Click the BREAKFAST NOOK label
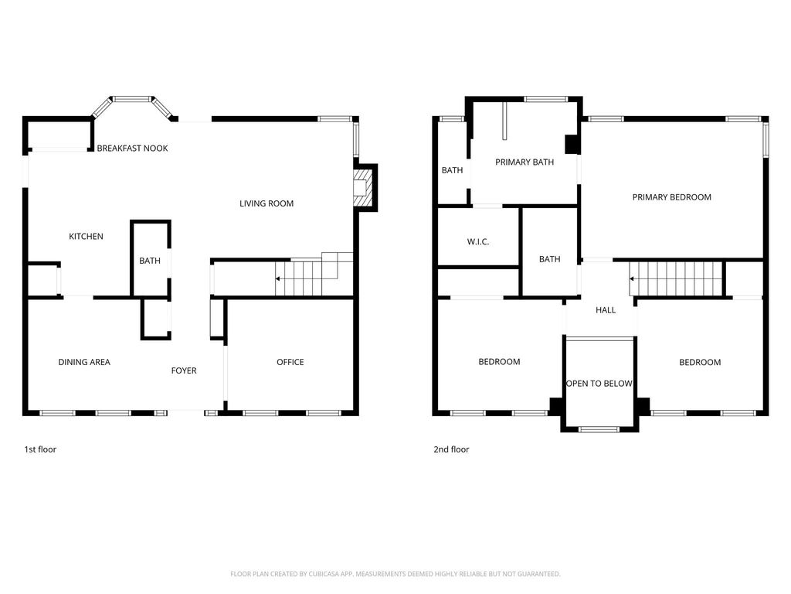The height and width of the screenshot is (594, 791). tap(132, 148)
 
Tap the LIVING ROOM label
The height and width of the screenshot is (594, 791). tap(266, 203)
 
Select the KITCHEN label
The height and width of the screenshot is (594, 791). tap(86, 237)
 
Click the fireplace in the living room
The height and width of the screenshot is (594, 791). tap(362, 187)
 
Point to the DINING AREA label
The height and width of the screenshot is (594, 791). tap(84, 362)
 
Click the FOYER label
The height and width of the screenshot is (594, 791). tap(184, 370)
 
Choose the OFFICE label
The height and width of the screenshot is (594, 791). tap(290, 362)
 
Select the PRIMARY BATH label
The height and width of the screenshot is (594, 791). tap(525, 162)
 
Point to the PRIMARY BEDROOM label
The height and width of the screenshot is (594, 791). tap(672, 197)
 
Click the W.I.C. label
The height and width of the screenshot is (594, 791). tap(477, 242)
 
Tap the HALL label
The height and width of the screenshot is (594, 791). tap(606, 310)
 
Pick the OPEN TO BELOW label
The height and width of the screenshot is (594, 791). tap(599, 384)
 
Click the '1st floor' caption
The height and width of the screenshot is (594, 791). tap(40, 449)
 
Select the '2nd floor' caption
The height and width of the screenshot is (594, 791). tap(451, 449)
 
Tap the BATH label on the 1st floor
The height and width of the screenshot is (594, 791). tap(150, 261)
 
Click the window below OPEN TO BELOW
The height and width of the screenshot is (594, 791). tap(599, 430)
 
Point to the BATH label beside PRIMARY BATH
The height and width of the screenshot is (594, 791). tap(452, 170)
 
